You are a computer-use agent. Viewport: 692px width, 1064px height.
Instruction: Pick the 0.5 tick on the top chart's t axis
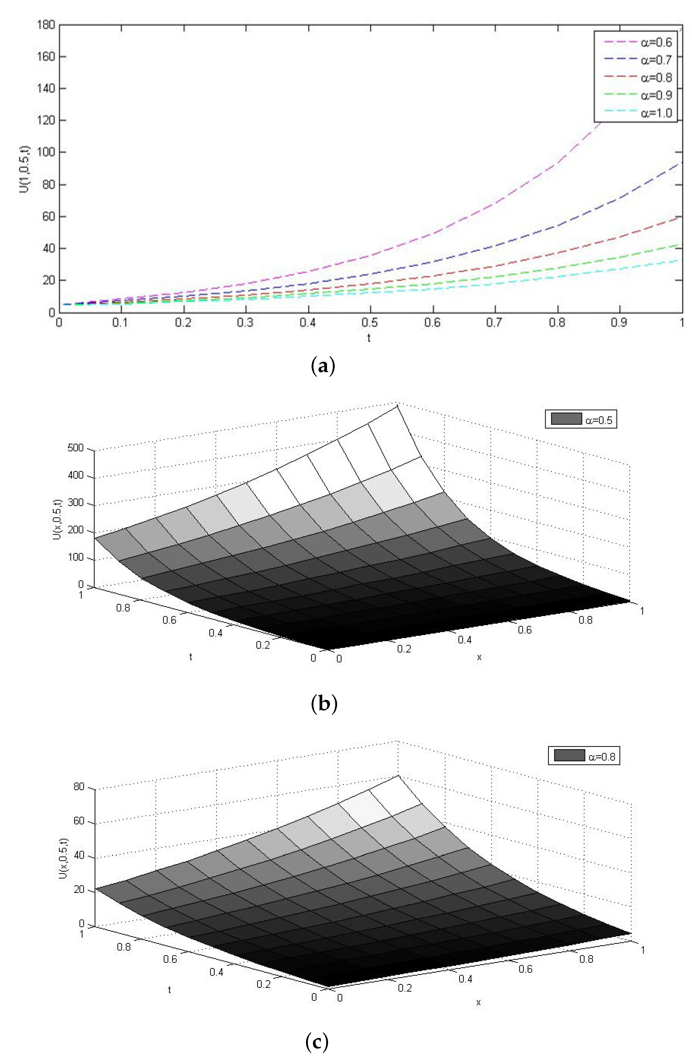(370, 323)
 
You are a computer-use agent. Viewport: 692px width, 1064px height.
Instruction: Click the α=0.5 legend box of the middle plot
(581, 419)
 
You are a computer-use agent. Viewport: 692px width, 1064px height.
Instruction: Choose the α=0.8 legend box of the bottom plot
(584, 756)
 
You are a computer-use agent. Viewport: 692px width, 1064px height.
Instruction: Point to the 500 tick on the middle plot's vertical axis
(75, 448)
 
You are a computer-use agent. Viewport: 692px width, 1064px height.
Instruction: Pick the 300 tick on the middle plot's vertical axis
(75, 503)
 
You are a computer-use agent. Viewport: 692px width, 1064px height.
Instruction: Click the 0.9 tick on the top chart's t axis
(619, 323)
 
